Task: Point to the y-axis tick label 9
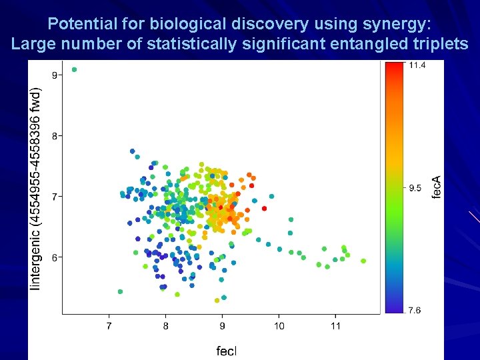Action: [54, 75]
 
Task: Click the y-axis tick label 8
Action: [54, 135]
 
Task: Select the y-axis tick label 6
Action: [54, 257]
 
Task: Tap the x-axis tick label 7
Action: [109, 326]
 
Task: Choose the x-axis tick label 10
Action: [279, 326]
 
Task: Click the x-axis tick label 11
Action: [335, 326]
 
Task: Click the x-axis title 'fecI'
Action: [226, 351]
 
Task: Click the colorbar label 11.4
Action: [417, 65]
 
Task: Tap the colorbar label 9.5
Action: [415, 188]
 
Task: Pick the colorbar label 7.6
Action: [415, 310]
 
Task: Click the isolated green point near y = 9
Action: [74, 69]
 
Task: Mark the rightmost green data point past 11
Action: [364, 261]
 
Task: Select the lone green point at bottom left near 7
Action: [120, 291]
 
